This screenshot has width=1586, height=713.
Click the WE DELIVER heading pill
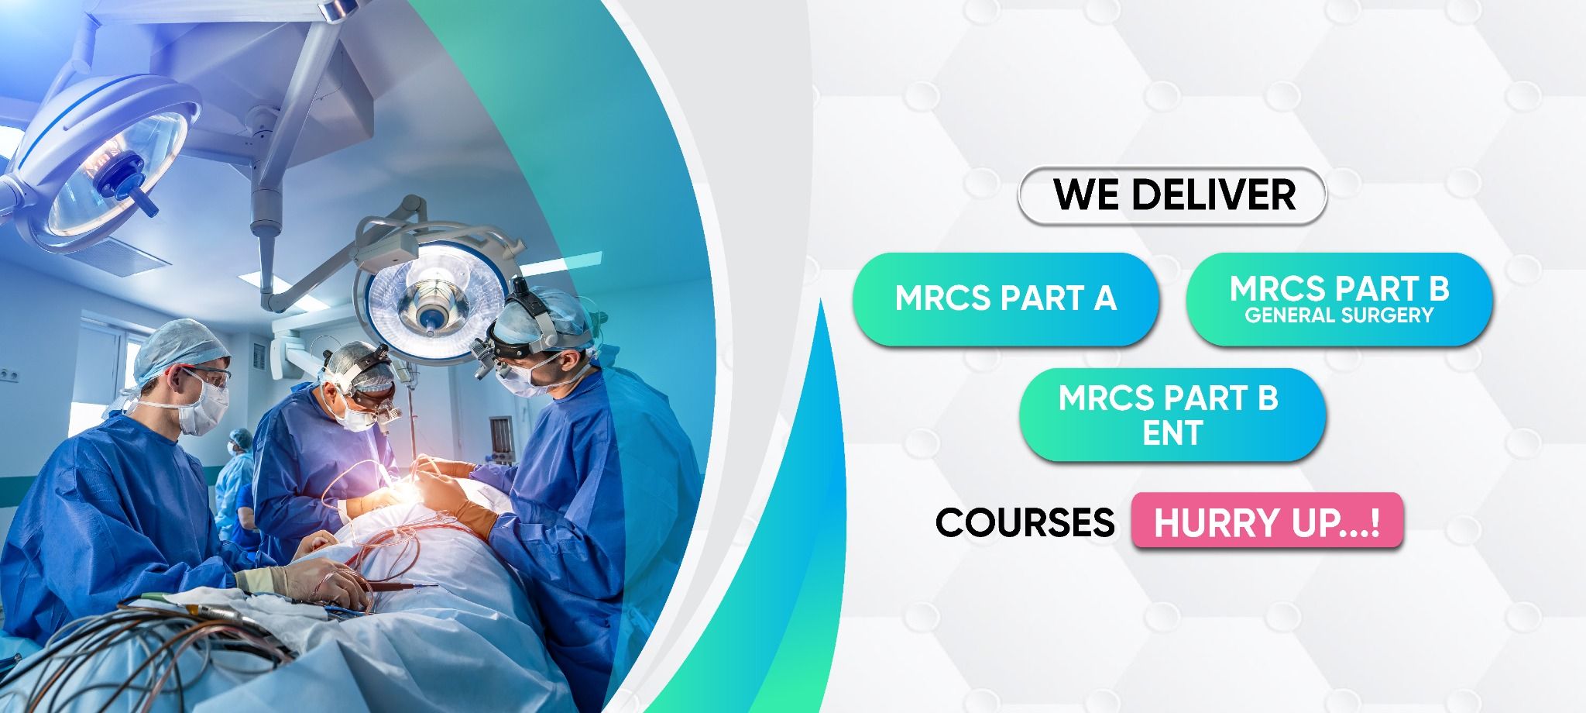point(1172,195)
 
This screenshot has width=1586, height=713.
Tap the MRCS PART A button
point(1005,298)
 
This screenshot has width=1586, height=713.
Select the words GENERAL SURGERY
point(1339,315)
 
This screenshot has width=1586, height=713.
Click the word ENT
point(1172,433)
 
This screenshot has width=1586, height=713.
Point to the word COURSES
point(1025,522)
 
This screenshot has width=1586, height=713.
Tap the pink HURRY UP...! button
point(1267,522)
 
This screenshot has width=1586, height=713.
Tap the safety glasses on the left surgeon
point(205,380)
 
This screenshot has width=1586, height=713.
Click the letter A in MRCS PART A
point(1104,298)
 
